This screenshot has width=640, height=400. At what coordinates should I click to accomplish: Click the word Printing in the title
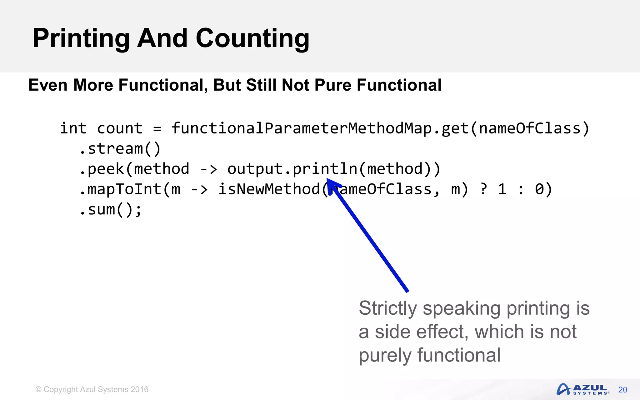[x=81, y=39]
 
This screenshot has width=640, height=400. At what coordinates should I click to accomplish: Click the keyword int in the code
[x=73, y=128]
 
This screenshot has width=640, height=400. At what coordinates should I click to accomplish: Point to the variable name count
[x=120, y=128]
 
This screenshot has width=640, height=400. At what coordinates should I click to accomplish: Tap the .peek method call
[x=102, y=169]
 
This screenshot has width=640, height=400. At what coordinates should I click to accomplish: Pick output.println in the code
[x=292, y=169]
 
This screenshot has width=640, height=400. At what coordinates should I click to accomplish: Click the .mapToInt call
[x=120, y=189]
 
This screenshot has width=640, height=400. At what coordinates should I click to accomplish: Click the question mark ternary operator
[x=483, y=189]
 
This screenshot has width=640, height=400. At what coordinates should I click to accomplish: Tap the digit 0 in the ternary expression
[x=539, y=189]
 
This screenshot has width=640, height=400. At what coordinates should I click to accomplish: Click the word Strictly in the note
[x=387, y=308]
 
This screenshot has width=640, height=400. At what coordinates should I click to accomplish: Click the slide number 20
[x=622, y=390]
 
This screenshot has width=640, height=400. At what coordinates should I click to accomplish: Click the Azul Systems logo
[x=583, y=389]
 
